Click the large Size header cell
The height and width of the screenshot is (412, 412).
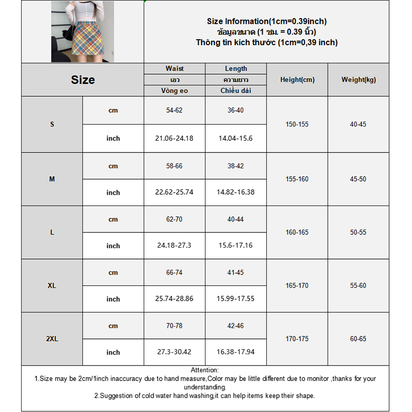point(82,80)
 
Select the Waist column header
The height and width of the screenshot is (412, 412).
point(175,68)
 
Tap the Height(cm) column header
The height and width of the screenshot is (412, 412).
point(297,80)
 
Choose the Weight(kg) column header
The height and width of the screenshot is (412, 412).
point(358,80)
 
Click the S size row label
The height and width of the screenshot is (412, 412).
point(52,125)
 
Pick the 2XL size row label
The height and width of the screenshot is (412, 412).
point(52,339)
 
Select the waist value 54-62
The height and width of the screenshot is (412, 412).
point(175,111)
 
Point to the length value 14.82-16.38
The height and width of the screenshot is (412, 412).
point(236,192)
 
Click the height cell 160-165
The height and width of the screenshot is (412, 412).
point(297,232)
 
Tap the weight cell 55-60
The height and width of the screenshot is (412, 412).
point(358,285)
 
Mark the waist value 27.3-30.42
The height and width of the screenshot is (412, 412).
point(175,352)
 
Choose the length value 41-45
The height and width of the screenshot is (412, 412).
point(236,272)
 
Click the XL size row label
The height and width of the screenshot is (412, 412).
point(52,285)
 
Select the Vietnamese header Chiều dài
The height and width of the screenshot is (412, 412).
point(236,91)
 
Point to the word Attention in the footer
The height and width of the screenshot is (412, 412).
point(204,370)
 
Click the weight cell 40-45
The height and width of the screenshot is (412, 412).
point(358,125)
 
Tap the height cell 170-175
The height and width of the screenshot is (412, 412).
point(297,339)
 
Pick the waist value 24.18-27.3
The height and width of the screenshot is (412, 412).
point(175,246)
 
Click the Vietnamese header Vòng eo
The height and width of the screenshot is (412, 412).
point(175,91)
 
